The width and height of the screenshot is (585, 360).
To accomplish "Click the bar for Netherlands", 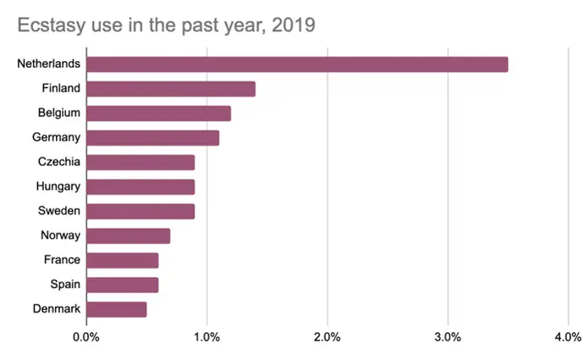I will pos(296,64).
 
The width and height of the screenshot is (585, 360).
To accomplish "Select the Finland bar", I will pos(170,89).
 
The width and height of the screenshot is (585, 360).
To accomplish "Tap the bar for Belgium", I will pos(158,114).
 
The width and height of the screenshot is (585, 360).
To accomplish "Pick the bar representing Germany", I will pos(152,138).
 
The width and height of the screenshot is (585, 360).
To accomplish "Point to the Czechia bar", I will pos(141,163).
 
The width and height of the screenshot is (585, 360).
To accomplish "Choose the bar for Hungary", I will pos(141,187).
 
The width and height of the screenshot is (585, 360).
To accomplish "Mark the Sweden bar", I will pos(141,211).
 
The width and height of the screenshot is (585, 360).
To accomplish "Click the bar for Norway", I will pos(128,235).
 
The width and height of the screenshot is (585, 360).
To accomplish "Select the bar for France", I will pos(122,260).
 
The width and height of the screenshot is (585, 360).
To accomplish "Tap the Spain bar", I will pos(122,285).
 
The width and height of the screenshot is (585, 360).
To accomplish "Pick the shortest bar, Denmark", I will pos(116,309).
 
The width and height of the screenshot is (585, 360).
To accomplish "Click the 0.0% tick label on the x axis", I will pos(86,337).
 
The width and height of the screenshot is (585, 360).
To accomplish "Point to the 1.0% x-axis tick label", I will pos(207,337).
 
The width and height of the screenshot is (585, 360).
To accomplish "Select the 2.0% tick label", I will pos(327,337).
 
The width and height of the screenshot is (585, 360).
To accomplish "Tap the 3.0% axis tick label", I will pos(447,337).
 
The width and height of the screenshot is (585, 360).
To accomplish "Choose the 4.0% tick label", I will pos(567,337).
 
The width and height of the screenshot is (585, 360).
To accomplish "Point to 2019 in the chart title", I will pos(290,25).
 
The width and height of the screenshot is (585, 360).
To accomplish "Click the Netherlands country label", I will pos(48,64).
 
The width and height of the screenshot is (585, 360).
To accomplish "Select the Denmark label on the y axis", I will pos(56,309).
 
